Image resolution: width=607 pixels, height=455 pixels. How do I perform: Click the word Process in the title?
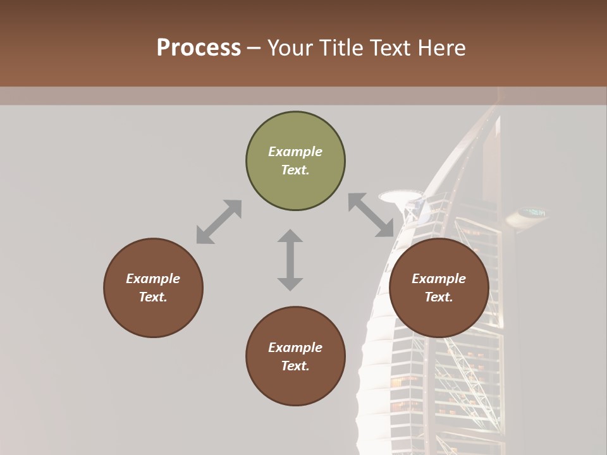pyautogui.click(x=199, y=48)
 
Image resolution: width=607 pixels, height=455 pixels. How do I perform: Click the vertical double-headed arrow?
pyautogui.click(x=290, y=260)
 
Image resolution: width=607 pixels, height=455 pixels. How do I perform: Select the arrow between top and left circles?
pyautogui.click(x=219, y=221)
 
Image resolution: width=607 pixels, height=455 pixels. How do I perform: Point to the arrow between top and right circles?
pyautogui.click(x=371, y=215)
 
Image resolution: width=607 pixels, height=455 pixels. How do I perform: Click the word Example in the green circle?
pyautogui.click(x=295, y=152)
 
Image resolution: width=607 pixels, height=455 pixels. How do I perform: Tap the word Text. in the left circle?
pyautogui.click(x=153, y=297)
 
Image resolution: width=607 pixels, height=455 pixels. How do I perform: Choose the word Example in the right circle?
pyautogui.click(x=439, y=279)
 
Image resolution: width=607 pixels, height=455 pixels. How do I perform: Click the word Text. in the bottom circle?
pyautogui.click(x=295, y=366)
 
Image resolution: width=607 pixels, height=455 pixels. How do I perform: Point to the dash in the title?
pyautogui.click(x=254, y=48)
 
